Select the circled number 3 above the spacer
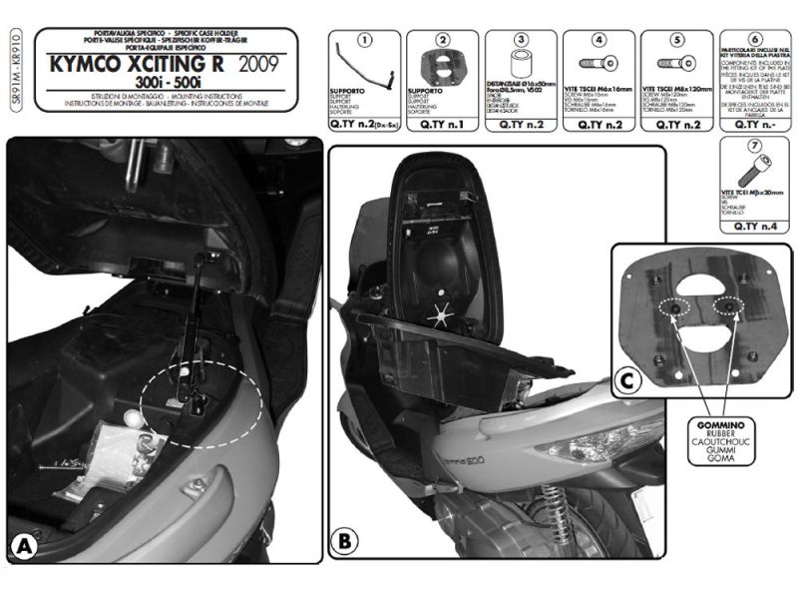coord(520,41)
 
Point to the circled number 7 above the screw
coord(755,146)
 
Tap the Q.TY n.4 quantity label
coord(755,225)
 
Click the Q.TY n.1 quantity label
coord(442,125)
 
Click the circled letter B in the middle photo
coord(343,542)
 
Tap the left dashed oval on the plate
coord(677,311)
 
